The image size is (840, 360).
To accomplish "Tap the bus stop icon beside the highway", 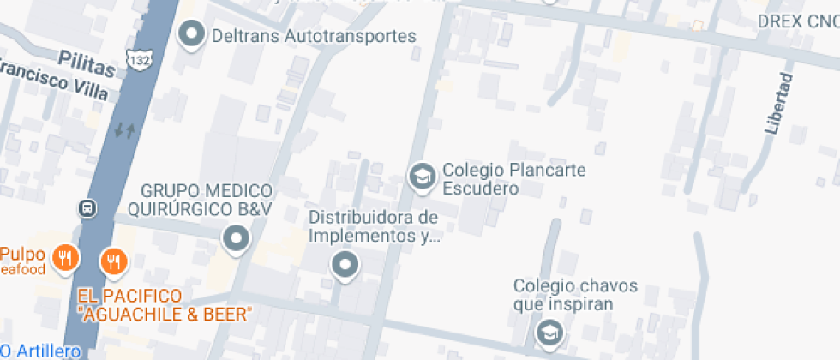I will point(87,208).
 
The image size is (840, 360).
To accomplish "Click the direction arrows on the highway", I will point(125,130).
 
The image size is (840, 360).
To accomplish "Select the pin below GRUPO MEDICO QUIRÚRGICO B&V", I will point(236,238).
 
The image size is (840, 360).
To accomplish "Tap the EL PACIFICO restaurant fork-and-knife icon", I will point(113,261).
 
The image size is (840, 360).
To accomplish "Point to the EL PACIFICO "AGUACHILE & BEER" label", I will point(163,304).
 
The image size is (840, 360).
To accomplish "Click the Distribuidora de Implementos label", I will point(374,226).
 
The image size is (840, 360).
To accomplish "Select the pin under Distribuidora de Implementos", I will point(345,265).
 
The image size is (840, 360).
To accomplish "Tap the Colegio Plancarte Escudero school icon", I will point(420,177).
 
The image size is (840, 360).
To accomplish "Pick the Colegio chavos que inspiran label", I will point(575,294).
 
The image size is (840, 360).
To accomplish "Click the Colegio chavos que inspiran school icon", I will point(547,331).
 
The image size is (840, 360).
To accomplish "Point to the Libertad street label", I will point(777,104).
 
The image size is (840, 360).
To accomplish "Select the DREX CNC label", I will point(798,21).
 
